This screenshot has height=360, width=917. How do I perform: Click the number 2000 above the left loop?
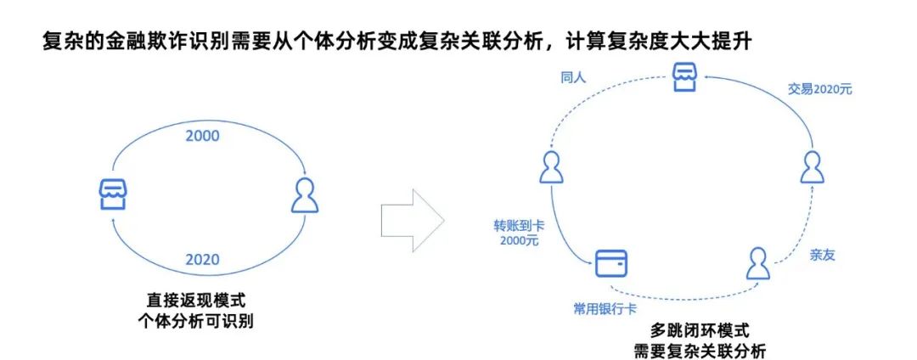(202, 137)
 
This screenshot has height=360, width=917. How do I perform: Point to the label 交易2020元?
(819, 88)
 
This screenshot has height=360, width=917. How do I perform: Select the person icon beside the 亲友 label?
(758, 263)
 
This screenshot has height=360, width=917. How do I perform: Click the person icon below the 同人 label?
(552, 168)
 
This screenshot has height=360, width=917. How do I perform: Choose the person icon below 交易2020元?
(813, 169)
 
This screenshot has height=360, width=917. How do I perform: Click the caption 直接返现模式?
(200, 301)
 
